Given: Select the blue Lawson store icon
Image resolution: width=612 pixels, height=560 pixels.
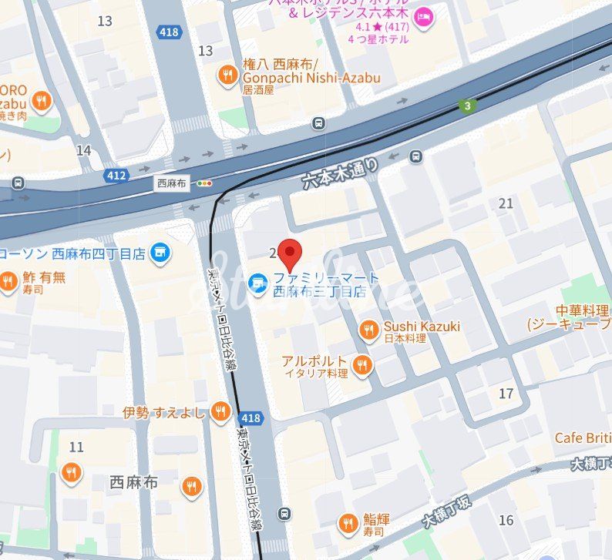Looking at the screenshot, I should tap(160, 253).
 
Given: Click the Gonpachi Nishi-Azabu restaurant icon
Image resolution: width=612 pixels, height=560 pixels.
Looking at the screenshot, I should tap(227, 75).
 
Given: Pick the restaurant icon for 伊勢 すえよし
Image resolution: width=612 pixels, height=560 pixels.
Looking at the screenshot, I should tap(221, 411).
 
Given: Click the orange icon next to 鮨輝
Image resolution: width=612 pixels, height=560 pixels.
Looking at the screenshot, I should tap(348, 525).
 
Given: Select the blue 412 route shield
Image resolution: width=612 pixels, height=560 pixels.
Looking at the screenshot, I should tap(116, 176).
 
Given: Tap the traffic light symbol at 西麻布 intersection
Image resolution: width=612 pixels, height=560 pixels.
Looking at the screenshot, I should tap(204, 183).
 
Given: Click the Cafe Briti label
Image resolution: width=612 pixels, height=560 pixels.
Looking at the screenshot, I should tap(583, 438).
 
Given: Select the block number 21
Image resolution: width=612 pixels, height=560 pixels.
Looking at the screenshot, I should tap(506, 203).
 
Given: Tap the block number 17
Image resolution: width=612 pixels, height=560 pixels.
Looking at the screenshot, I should tap(506, 394).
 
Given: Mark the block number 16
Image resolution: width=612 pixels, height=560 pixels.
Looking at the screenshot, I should tap(506, 520).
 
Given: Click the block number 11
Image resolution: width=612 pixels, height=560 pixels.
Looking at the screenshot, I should tap(76, 447).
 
